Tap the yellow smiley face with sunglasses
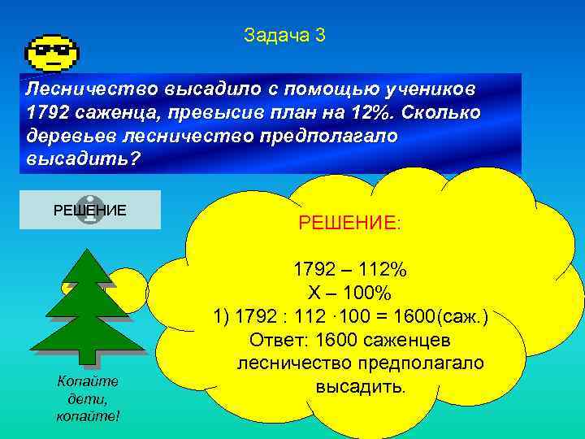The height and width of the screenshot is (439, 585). pos(52,53)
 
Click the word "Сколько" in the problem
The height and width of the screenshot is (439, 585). pos(446,111)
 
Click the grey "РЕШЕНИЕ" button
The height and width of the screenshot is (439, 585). pos(89,210)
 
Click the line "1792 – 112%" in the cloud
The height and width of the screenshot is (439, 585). pos(349,270)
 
